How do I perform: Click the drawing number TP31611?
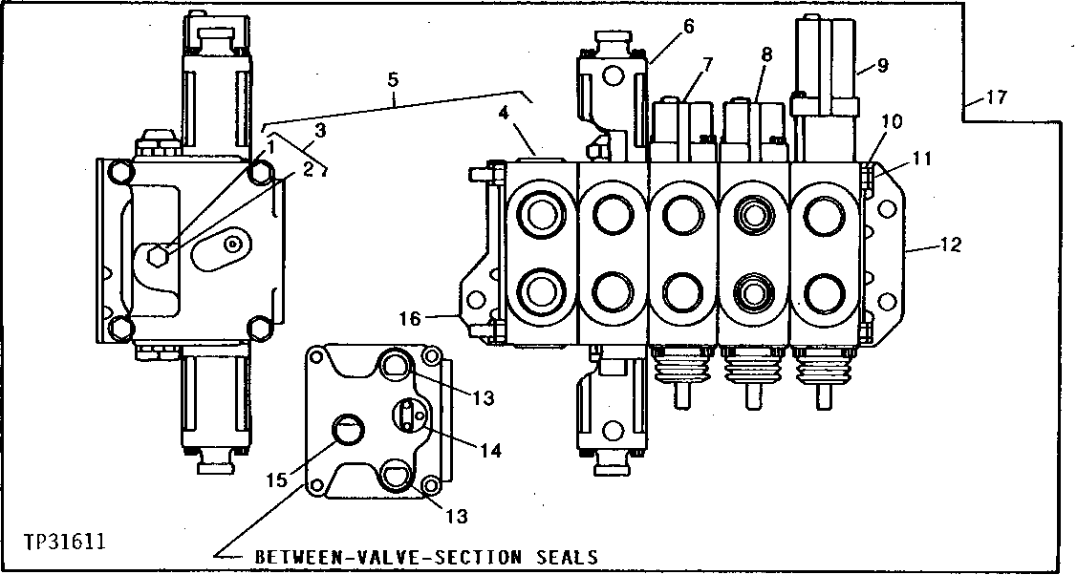(65, 542)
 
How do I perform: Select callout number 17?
(997, 97)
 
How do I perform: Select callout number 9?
(882, 67)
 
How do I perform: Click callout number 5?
(393, 81)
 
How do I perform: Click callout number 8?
(766, 56)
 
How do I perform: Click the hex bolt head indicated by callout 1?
(162, 256)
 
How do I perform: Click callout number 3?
(320, 129)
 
